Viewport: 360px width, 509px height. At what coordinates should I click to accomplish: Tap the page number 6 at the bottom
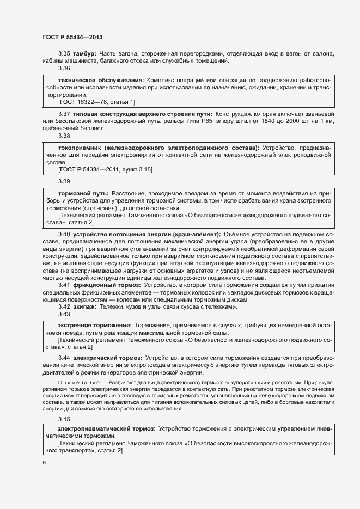pyautogui.click(x=44, y=463)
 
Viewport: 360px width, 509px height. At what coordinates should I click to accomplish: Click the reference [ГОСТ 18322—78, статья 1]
pyautogui.click(x=96, y=102)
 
